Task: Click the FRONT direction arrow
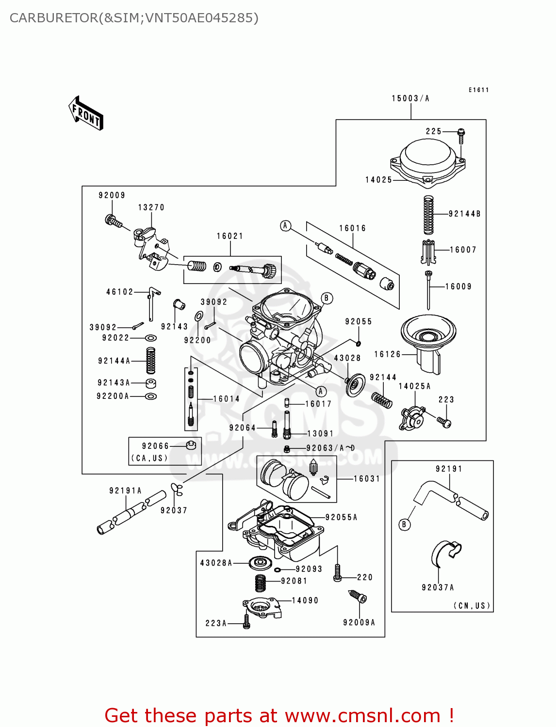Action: pyautogui.click(x=86, y=113)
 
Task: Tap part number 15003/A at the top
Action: pyautogui.click(x=410, y=98)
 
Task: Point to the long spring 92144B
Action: pyautogui.click(x=428, y=215)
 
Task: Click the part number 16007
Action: pyautogui.click(x=463, y=250)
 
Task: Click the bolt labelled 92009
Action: pyautogui.click(x=113, y=221)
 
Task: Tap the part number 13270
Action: pyautogui.click(x=151, y=207)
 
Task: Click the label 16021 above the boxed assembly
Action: pyautogui.click(x=229, y=236)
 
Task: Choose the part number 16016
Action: pyautogui.click(x=352, y=228)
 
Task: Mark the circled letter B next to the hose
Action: pyautogui.click(x=404, y=524)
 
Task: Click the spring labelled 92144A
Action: pyautogui.click(x=151, y=361)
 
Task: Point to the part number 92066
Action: pyautogui.click(x=155, y=446)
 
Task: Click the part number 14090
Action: pyautogui.click(x=305, y=601)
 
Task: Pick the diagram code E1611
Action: pyautogui.click(x=478, y=90)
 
